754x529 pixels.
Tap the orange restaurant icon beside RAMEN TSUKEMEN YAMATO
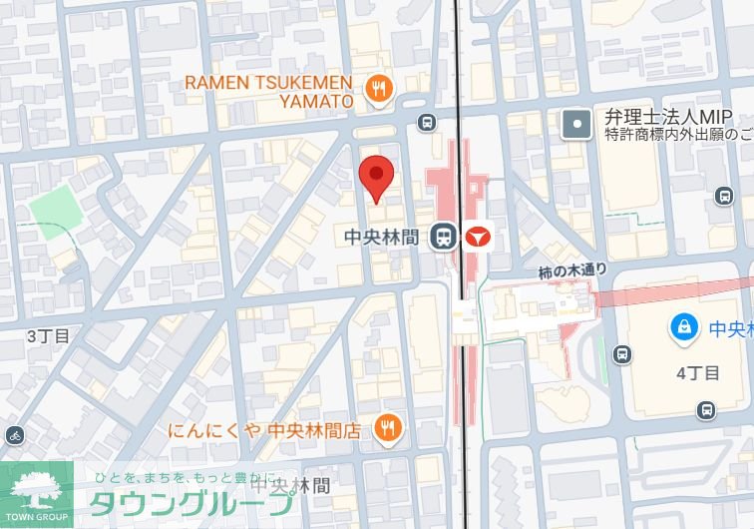click(377, 90)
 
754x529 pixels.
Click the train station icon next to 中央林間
click(443, 237)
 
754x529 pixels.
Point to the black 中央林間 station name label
click(386, 237)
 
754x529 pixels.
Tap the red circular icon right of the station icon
click(477, 238)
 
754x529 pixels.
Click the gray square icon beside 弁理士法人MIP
click(576, 124)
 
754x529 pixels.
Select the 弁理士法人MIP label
click(661, 117)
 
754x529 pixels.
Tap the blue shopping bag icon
click(684, 325)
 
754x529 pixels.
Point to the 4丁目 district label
click(697, 373)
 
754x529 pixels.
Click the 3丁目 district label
click(47, 335)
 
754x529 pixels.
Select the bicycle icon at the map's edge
click(14, 435)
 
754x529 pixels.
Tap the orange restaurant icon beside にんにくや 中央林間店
click(387, 429)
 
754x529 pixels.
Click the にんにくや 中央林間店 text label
click(265, 430)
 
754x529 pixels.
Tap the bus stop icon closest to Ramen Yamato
click(427, 123)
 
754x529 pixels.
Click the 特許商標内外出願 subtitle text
click(676, 135)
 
